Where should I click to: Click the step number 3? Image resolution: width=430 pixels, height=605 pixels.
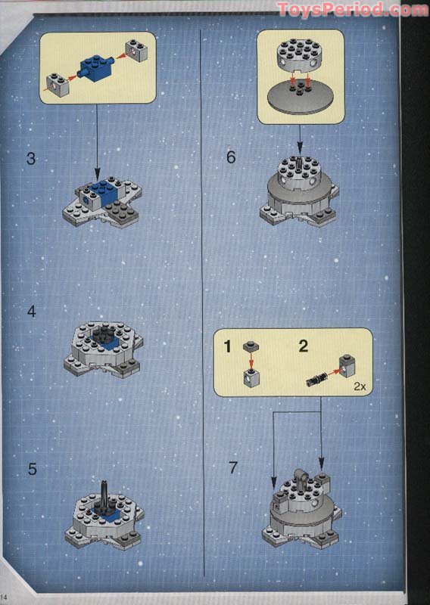point(31,159)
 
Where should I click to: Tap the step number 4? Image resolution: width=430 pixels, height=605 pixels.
point(31,311)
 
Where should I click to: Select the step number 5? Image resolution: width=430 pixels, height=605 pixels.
point(32,469)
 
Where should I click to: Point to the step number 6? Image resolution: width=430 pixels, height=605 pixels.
point(232,157)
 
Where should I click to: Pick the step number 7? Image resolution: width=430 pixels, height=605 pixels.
point(232,467)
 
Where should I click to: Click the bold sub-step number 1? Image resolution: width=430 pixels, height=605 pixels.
point(226,346)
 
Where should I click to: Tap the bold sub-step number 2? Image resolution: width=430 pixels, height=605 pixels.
point(304,346)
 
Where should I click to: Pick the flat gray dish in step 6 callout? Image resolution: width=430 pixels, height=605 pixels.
point(301,99)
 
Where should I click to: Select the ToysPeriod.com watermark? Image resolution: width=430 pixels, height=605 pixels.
point(352,10)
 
